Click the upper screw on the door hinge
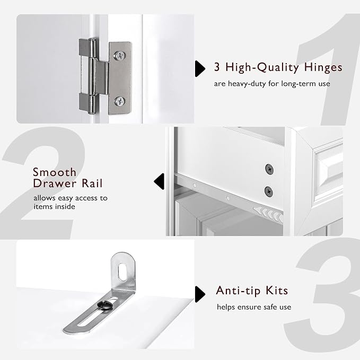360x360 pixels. (120, 56)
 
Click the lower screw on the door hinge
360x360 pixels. (120, 101)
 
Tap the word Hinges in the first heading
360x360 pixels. (323, 68)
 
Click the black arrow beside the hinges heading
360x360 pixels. (200, 68)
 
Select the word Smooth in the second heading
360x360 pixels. (55, 172)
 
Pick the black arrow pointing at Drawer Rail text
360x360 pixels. (159, 181)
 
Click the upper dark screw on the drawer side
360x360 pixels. (269, 169)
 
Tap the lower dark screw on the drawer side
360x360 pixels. (269, 191)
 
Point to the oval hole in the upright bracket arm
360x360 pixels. (122, 273)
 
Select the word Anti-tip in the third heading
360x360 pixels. (238, 291)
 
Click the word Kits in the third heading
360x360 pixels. (277, 291)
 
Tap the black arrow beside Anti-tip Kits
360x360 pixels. (200, 294)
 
